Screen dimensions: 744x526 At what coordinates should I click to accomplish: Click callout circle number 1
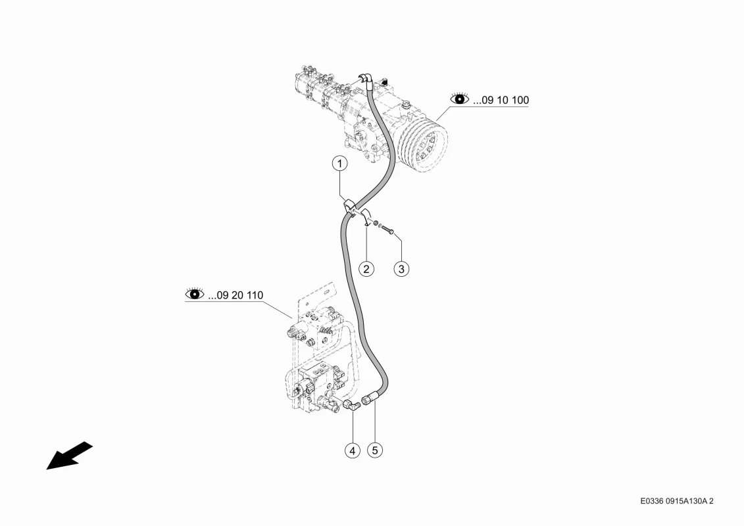339,164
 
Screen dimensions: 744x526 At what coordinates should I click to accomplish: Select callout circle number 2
366,269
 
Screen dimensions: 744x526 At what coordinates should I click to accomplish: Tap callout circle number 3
401,269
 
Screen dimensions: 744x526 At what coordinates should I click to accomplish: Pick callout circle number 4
352,450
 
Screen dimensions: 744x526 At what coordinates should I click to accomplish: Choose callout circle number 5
375,450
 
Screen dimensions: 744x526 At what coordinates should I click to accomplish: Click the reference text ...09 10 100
501,100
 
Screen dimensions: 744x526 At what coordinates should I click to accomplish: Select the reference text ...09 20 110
236,295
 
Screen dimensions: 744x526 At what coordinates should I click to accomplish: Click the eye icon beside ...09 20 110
195,293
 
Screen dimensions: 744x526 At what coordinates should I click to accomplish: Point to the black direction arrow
69,456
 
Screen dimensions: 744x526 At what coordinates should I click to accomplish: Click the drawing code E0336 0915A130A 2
677,501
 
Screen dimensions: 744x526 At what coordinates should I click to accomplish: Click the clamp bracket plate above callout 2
366,216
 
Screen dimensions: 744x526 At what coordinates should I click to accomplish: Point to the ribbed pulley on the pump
422,142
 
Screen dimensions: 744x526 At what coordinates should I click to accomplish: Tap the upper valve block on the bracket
316,327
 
